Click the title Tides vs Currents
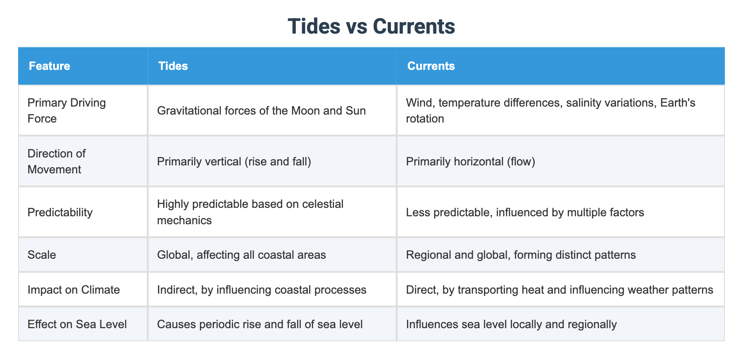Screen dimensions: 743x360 point(371,26)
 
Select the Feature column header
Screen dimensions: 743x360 point(50,66)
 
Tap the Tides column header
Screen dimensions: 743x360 point(173,66)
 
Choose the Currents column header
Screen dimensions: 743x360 point(431,66)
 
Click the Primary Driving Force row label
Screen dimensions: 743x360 point(67,111)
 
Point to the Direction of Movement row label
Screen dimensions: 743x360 point(57,161)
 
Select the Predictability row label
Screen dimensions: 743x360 point(60,212)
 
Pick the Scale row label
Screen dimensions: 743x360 point(42,255)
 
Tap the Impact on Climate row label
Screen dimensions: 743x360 point(73,290)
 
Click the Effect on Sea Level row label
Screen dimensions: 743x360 point(77,324)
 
